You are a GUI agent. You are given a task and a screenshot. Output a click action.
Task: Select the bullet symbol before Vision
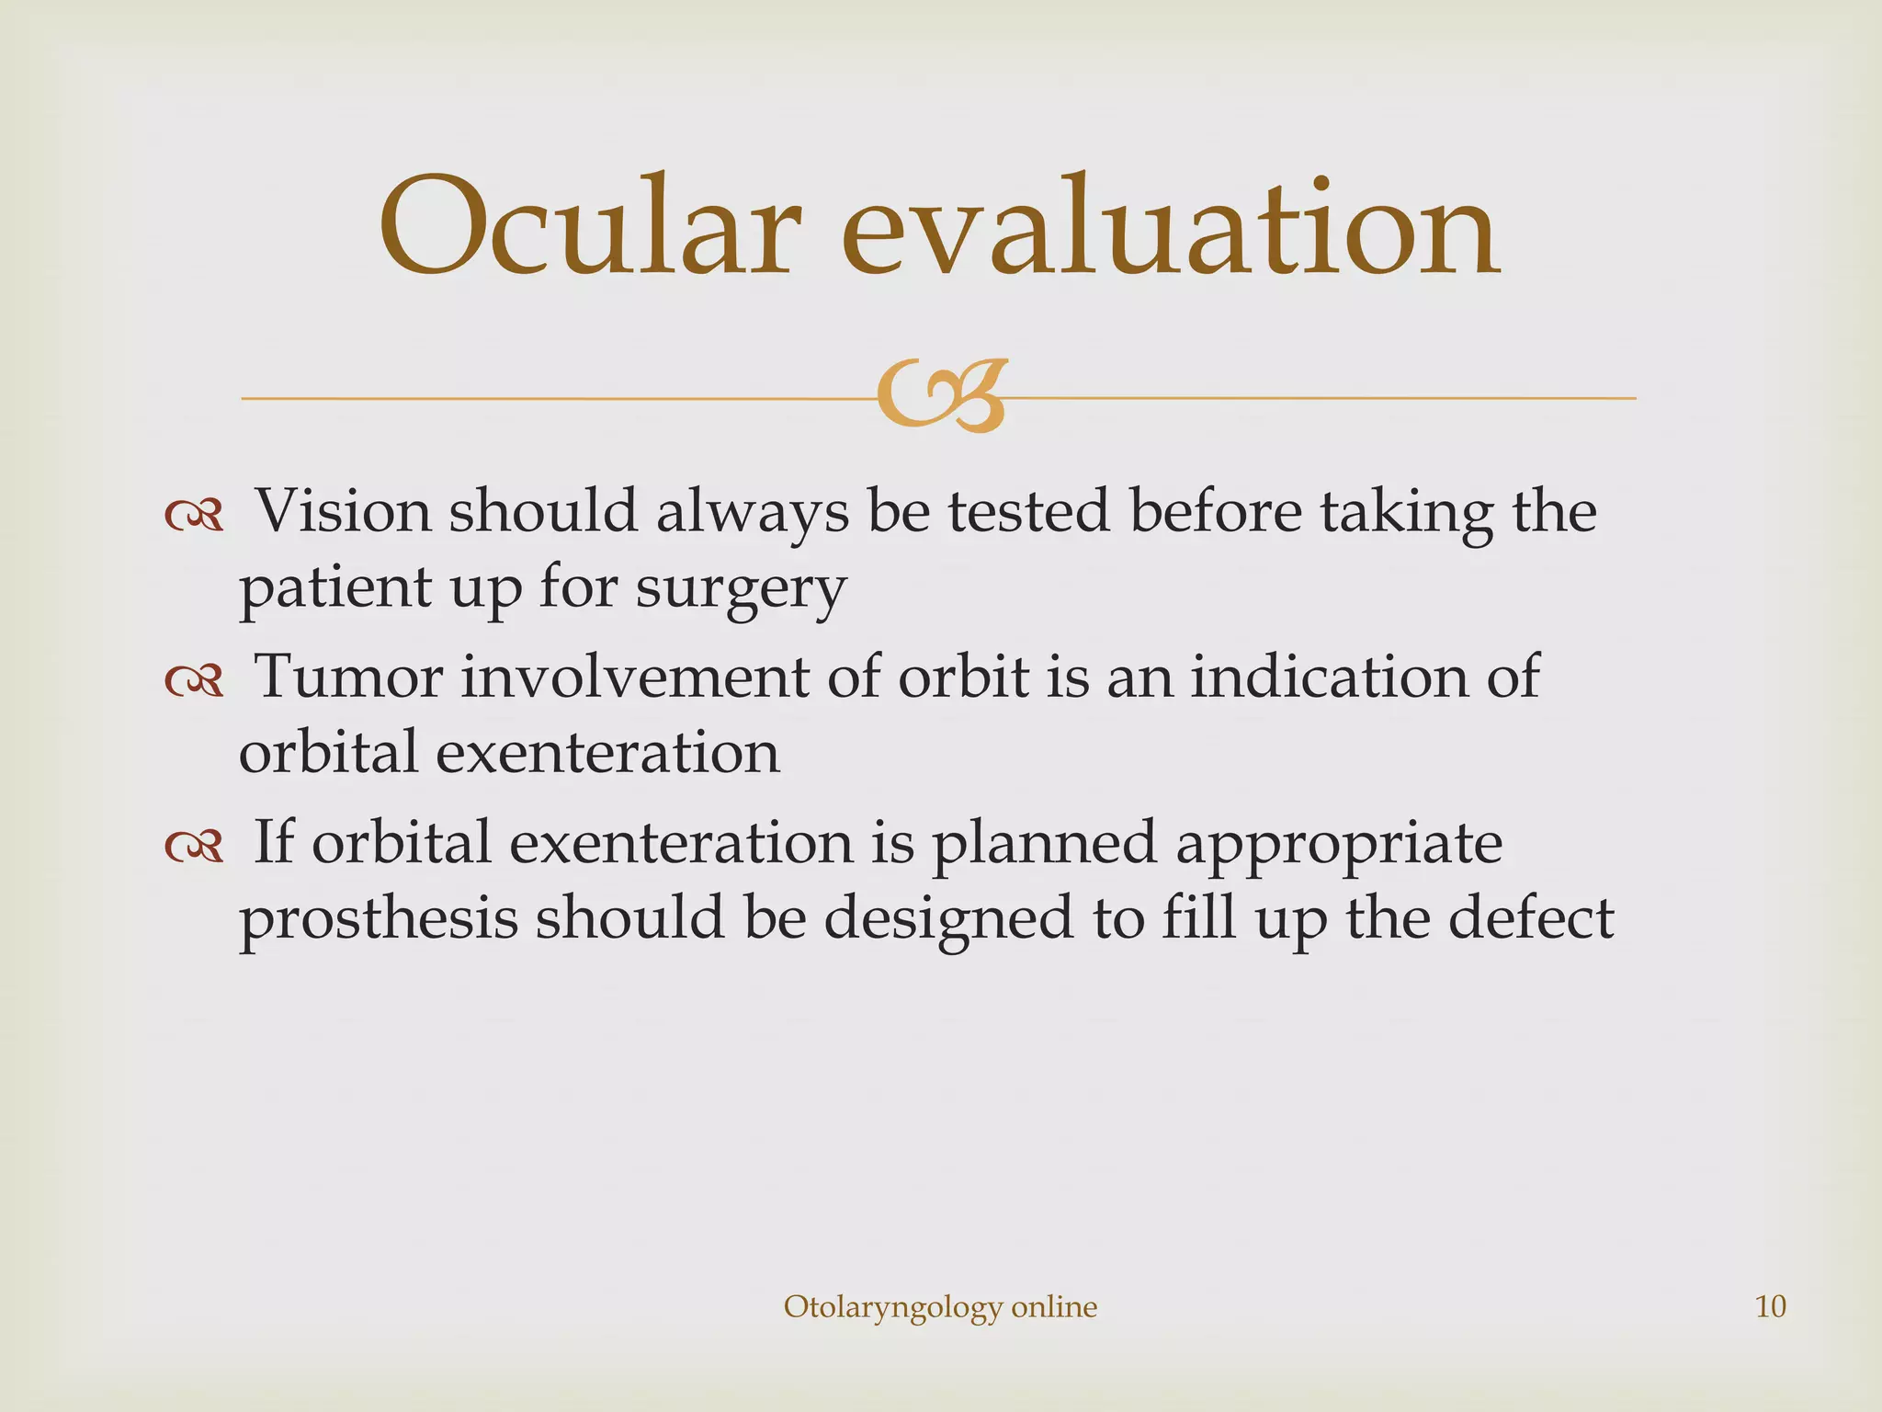(x=194, y=517)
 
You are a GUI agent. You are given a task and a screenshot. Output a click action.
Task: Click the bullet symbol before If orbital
(x=194, y=848)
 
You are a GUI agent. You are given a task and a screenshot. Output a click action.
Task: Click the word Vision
(x=342, y=511)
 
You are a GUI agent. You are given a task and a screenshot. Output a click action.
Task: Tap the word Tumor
(x=348, y=677)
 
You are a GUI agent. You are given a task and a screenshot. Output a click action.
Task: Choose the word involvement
(x=635, y=677)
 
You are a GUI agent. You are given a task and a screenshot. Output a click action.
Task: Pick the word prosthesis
(x=378, y=919)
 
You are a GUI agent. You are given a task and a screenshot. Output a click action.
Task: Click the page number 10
(x=1770, y=1306)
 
